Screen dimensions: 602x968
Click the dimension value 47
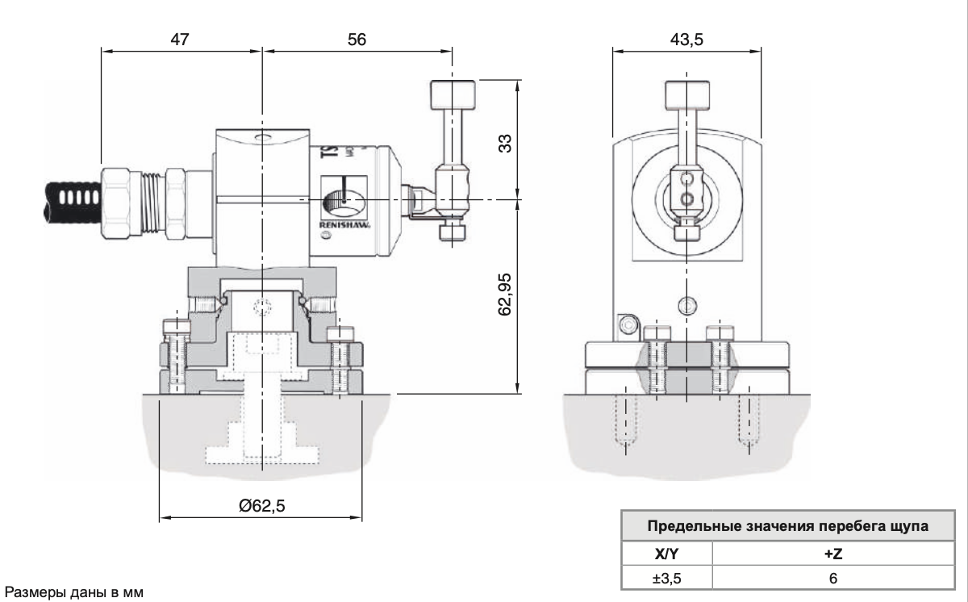click(x=181, y=39)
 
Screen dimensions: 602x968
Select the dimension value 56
click(x=356, y=39)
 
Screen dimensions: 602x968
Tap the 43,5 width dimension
click(x=686, y=39)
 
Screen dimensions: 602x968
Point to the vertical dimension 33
click(x=505, y=143)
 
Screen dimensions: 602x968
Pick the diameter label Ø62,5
click(x=262, y=506)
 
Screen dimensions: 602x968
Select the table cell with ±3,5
click(x=665, y=579)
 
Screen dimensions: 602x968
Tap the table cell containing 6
click(x=832, y=579)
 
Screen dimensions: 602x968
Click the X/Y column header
click(x=665, y=556)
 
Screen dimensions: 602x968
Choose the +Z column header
click(x=832, y=556)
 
